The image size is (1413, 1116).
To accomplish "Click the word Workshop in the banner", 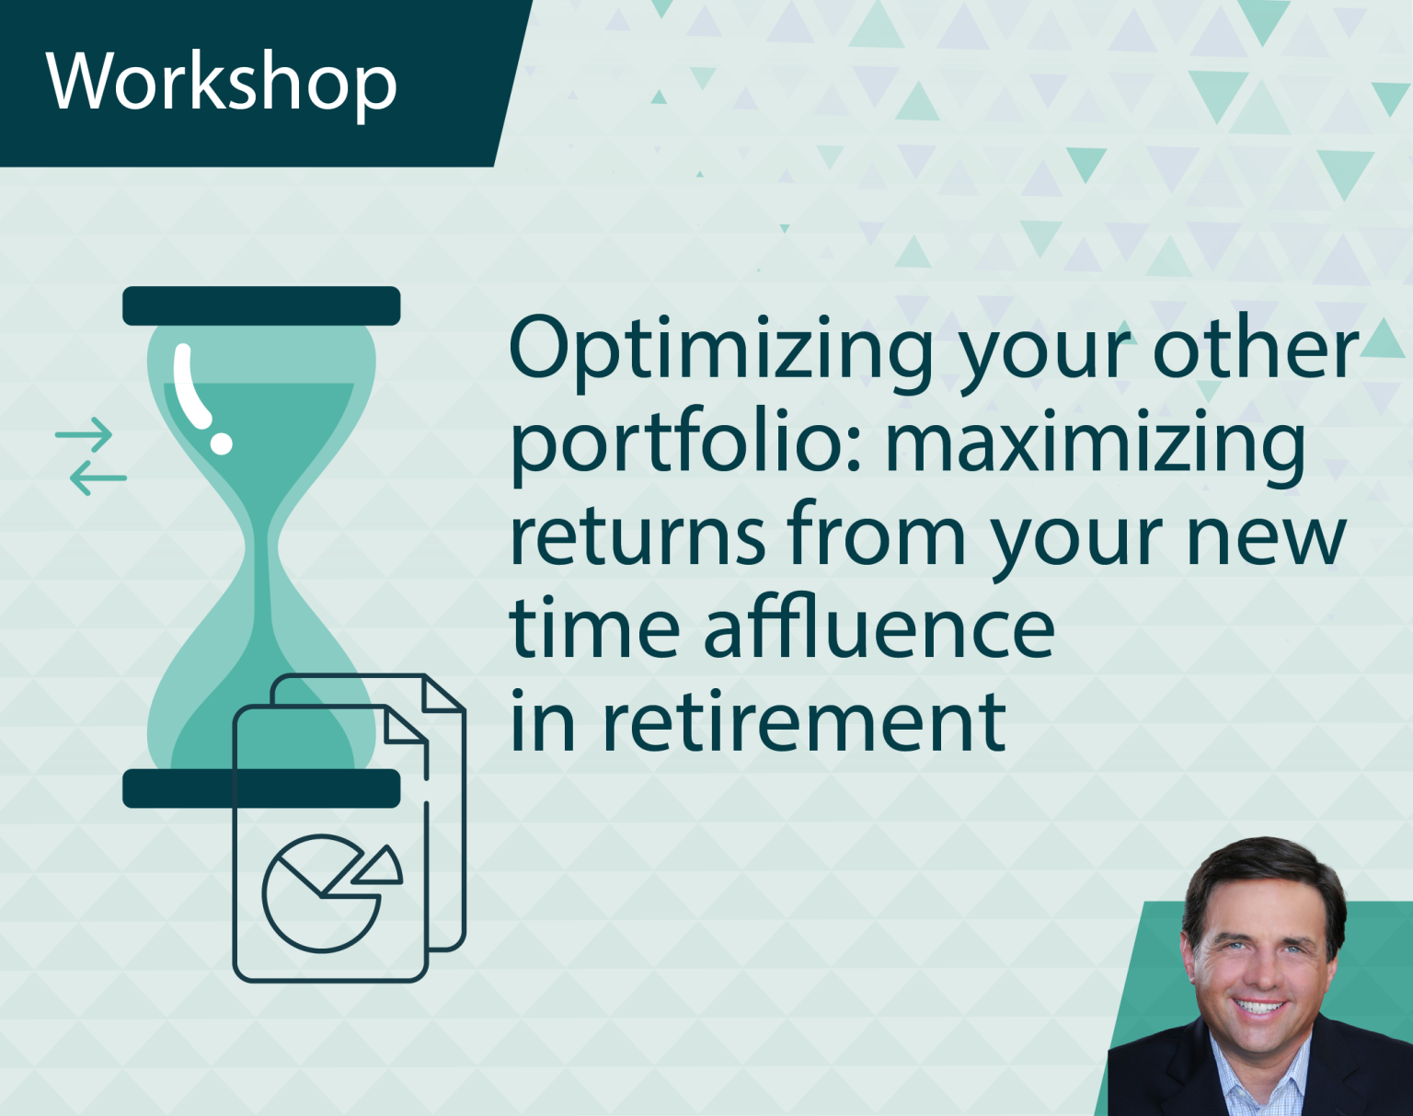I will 221,83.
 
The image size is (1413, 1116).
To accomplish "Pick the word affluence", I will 879,629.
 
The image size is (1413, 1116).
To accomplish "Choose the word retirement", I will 804,723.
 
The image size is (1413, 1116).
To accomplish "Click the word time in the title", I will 593,629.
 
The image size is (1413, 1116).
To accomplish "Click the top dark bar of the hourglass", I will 261,305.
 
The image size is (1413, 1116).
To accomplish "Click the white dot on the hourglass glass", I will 221,443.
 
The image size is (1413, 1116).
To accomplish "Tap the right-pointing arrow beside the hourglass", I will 85,432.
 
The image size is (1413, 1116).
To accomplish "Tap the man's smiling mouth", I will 1259,1007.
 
